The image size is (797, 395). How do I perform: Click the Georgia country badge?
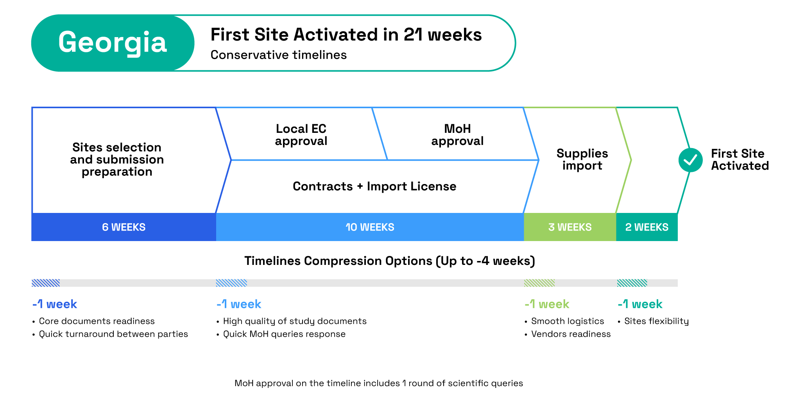(113, 43)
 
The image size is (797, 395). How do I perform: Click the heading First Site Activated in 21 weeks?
(346, 34)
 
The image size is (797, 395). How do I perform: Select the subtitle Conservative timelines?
(278, 55)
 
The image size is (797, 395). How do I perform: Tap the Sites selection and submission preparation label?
(117, 159)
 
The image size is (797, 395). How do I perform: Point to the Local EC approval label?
(301, 135)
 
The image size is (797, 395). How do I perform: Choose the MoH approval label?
(457, 135)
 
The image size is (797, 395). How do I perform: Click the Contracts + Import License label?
(374, 186)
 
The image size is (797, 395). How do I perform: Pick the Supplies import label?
(582, 159)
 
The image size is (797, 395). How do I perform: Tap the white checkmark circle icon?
(690, 160)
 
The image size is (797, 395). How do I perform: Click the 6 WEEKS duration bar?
(124, 227)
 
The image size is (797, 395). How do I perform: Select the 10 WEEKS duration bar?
(370, 227)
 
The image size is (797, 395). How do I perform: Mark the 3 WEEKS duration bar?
(570, 227)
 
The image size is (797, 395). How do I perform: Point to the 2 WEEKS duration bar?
(647, 227)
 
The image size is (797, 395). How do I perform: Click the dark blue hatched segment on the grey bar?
(46, 283)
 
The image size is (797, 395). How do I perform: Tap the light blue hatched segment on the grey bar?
(231, 283)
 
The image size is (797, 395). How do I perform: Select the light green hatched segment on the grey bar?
(539, 283)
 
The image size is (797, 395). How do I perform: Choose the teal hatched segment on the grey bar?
(632, 283)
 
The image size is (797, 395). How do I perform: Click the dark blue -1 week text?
(55, 304)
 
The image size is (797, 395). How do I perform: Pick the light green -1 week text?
(547, 304)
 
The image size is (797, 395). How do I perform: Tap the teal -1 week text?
(640, 304)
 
